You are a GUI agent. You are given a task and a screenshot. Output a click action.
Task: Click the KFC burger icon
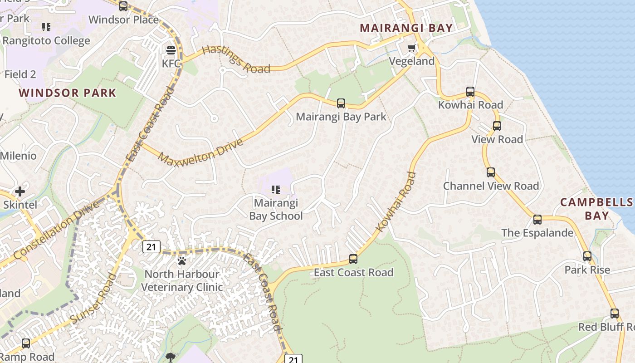(171, 50)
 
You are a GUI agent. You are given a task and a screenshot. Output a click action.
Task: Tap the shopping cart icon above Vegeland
(411, 48)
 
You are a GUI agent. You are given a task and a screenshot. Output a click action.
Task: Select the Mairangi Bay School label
(276, 209)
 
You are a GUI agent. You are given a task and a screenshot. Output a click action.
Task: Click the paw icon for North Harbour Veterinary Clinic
(182, 261)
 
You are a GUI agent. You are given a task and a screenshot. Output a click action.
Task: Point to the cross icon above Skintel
(20, 191)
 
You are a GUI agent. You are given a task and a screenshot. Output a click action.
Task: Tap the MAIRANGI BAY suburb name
(406, 28)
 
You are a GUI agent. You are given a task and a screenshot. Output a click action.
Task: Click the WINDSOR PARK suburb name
(68, 93)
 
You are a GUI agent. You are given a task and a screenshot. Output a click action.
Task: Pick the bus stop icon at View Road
(497, 126)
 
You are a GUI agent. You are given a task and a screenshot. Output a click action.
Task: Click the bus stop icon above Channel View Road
(491, 172)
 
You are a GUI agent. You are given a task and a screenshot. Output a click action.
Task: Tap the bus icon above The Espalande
(537, 220)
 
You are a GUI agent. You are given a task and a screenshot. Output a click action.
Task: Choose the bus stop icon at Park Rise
(587, 256)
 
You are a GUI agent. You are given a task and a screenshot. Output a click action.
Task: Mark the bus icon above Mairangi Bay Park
(341, 103)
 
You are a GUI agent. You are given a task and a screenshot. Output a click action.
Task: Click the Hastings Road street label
(236, 59)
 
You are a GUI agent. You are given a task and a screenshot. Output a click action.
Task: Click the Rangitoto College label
(46, 41)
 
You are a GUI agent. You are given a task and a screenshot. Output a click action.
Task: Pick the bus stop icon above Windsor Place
(123, 6)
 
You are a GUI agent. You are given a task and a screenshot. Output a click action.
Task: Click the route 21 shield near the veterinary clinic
(151, 247)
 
